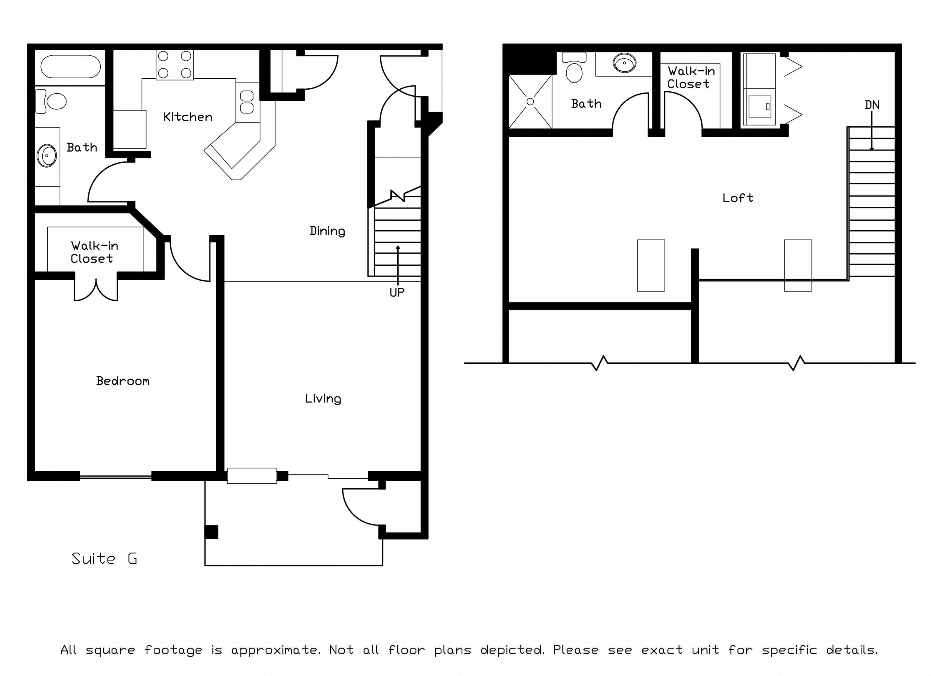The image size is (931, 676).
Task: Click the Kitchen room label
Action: [187, 117]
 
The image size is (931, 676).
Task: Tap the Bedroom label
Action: [123, 381]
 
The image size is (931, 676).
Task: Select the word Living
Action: [323, 399]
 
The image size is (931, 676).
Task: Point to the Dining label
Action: [327, 231]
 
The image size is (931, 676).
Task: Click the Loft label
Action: [738, 198]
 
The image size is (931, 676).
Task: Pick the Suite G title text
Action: [104, 558]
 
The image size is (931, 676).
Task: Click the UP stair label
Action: [397, 292]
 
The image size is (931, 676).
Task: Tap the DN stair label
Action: [872, 105]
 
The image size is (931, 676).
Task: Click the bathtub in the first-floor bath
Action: [71, 67]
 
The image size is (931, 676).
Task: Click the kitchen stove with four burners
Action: [175, 65]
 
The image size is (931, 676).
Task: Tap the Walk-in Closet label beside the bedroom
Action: [94, 252]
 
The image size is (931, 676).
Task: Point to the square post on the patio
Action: [211, 532]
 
